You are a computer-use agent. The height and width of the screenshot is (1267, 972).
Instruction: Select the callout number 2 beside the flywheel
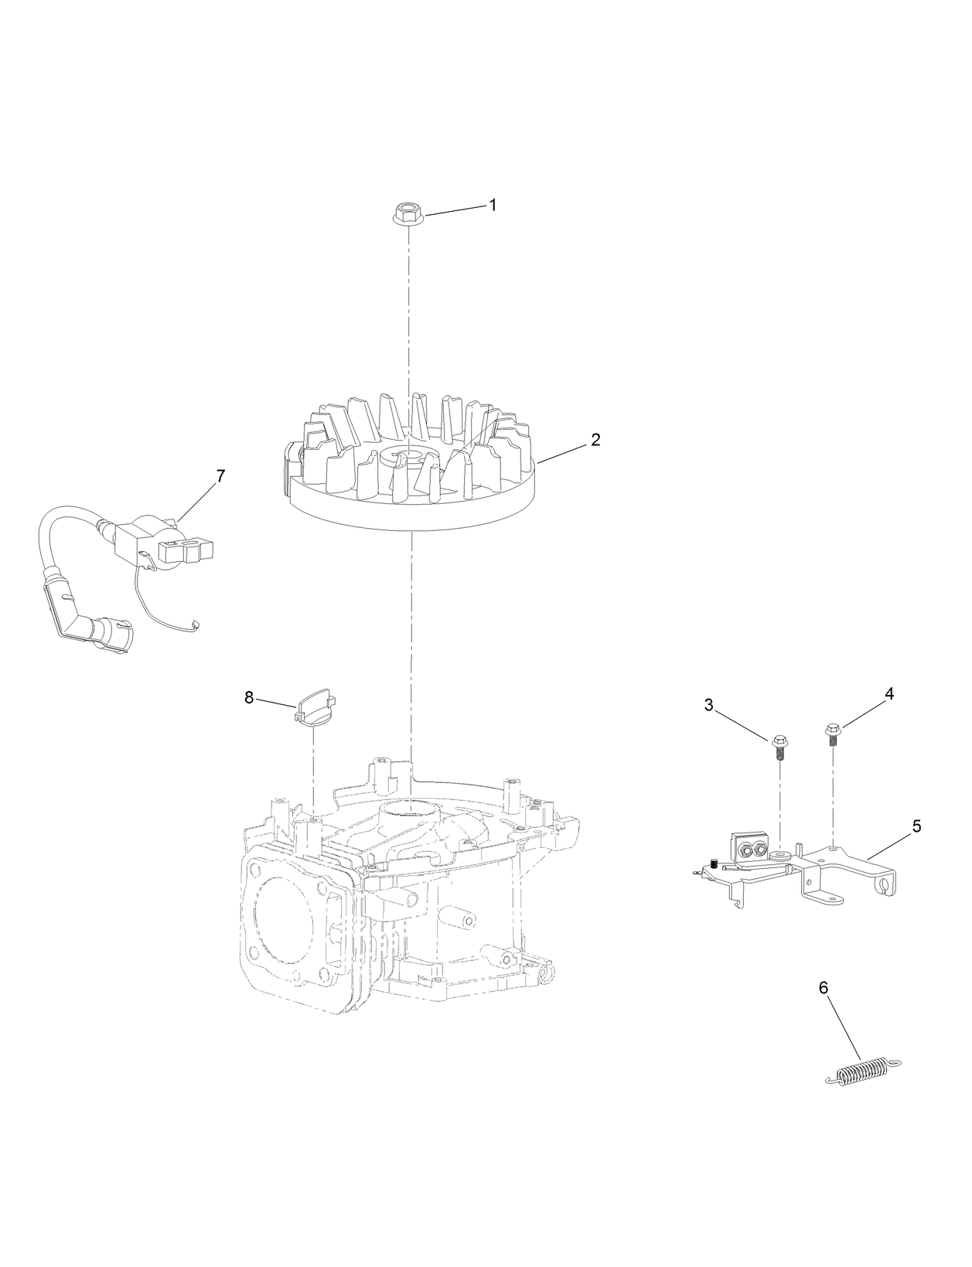click(x=595, y=439)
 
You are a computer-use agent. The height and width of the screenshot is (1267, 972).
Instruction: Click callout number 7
click(x=220, y=476)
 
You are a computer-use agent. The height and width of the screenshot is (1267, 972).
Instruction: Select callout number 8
click(x=249, y=697)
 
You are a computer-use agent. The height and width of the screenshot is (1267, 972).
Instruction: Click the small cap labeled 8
click(x=315, y=706)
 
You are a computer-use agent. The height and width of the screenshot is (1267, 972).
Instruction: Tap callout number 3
click(x=709, y=704)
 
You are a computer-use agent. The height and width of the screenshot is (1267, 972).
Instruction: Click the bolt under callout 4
click(x=834, y=732)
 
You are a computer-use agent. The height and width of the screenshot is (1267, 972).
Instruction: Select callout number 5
click(x=916, y=826)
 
